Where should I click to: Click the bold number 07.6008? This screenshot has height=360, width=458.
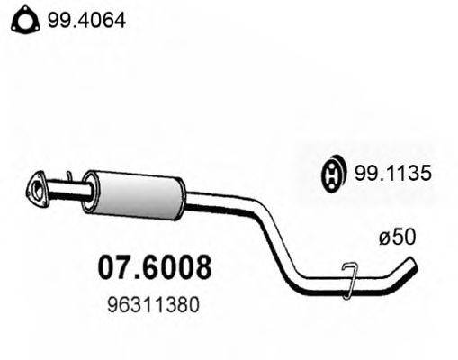(x=153, y=267)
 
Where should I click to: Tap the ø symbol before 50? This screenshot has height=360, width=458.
(x=384, y=240)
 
